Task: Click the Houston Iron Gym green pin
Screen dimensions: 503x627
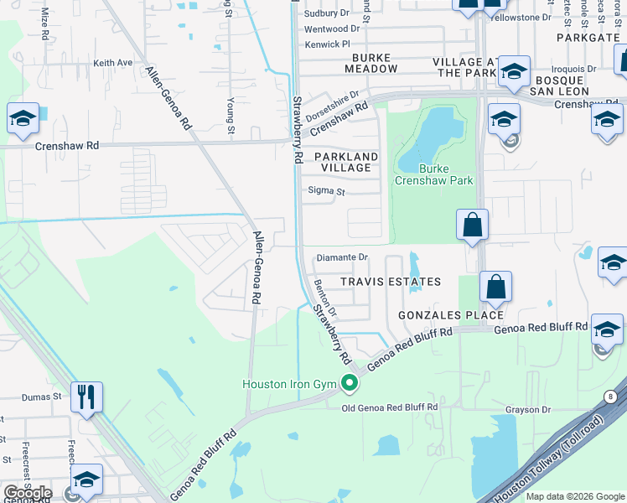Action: click(350, 384)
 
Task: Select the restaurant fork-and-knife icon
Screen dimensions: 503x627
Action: click(86, 397)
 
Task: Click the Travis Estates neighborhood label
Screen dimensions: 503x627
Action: click(390, 282)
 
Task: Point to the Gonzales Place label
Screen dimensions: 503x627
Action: click(451, 314)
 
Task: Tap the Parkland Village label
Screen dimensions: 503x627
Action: click(346, 162)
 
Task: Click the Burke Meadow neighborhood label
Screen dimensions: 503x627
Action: click(356, 63)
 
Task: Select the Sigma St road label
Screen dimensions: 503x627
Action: click(326, 191)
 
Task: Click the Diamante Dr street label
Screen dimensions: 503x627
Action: click(342, 257)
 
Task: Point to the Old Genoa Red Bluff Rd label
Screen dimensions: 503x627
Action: click(390, 407)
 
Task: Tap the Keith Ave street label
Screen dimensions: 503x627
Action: click(113, 63)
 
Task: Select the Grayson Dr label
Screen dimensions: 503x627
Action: click(527, 410)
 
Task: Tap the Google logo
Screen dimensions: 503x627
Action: click(27, 493)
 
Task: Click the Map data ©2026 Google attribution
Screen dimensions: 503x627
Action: click(575, 496)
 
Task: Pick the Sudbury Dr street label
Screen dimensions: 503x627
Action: click(327, 13)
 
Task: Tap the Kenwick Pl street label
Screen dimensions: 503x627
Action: click(327, 44)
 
